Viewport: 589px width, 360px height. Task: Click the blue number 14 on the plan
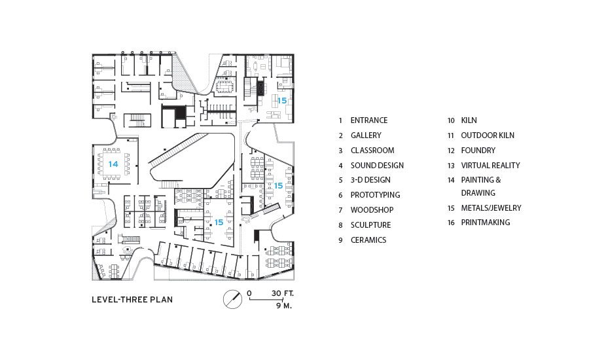113,164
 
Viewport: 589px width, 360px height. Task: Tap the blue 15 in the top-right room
282,101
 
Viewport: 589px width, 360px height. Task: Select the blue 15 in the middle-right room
278,186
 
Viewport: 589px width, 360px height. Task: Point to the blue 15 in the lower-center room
219,223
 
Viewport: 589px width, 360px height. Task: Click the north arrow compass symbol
232,300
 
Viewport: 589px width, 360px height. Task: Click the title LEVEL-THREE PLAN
132,300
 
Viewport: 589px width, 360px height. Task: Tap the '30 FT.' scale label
283,293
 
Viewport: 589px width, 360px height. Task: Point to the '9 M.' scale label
284,306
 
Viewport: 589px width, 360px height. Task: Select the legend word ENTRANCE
369,120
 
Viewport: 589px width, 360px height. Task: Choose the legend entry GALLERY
366,135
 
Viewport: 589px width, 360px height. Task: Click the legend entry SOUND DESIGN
377,166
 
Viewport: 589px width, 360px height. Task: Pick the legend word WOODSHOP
372,210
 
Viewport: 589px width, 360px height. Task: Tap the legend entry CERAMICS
368,240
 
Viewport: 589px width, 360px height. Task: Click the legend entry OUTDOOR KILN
488,135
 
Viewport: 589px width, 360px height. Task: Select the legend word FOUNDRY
478,151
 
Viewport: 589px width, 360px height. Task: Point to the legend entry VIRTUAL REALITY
491,166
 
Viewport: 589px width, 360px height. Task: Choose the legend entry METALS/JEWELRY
491,207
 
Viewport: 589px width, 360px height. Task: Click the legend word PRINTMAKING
486,223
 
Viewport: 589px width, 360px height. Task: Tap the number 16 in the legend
451,223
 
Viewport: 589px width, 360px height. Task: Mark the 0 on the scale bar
249,293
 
